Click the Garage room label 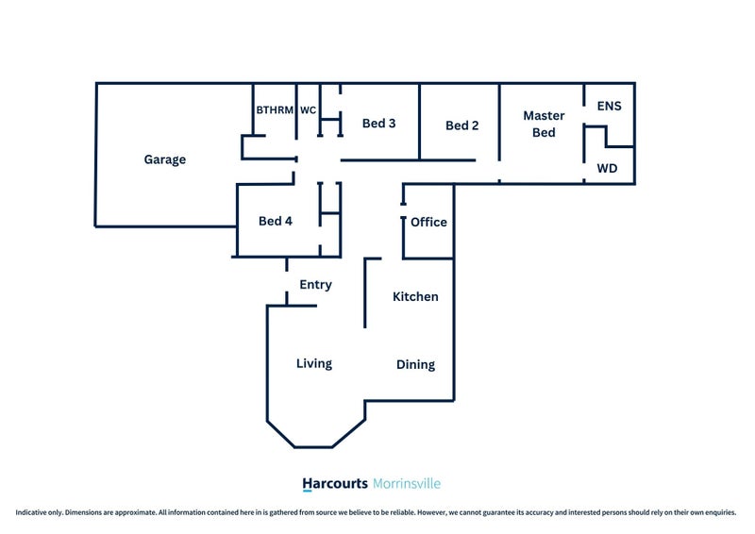pos(164,159)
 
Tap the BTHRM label pos(275,110)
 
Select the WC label pos(309,110)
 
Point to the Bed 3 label pos(379,124)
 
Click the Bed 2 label pos(462,125)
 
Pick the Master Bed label pos(544,124)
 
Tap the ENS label pos(609,106)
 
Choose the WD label pos(607,169)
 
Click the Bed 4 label pos(276,221)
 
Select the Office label pos(428,222)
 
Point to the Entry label pos(315,285)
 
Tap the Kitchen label pos(415,296)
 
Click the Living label pos(314,363)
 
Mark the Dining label pos(415,364)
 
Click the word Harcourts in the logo pos(335,483)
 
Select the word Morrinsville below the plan pos(407,483)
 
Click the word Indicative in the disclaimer pos(31,512)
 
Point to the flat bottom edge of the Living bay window pos(313,447)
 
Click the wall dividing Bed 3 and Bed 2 pos(419,122)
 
